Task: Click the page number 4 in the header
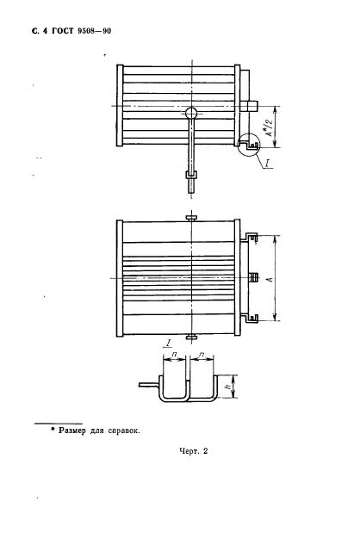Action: (45, 31)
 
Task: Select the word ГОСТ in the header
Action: (62, 31)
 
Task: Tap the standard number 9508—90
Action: (94, 31)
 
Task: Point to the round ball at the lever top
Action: (191, 113)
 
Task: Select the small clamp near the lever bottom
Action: (191, 175)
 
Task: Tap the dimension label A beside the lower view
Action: (270, 278)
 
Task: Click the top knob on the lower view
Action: (191, 217)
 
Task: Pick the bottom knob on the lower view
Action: (191, 338)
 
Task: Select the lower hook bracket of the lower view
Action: (251, 318)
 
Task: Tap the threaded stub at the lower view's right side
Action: (253, 278)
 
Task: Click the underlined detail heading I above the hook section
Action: (169, 343)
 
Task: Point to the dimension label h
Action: (228, 387)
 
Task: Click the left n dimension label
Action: (174, 354)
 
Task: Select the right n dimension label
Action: (202, 354)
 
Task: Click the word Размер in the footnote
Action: (71, 431)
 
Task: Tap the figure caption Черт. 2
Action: (194, 451)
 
